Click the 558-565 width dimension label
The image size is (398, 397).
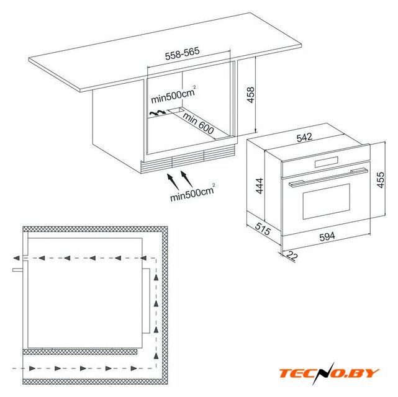pyautogui.click(x=183, y=54)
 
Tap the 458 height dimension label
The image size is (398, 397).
pyautogui.click(x=250, y=95)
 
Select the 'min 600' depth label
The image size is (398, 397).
pyautogui.click(x=198, y=123)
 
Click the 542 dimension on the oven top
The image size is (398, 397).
pyautogui.click(x=304, y=137)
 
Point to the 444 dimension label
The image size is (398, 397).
pyautogui.click(x=260, y=186)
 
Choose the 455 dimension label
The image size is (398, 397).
pyautogui.click(x=381, y=180)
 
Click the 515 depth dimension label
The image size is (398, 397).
pyautogui.click(x=263, y=229)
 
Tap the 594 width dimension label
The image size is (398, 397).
pyautogui.click(x=327, y=236)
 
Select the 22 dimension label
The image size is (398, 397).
pyautogui.click(x=292, y=256)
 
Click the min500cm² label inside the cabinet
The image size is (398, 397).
pyautogui.click(x=173, y=95)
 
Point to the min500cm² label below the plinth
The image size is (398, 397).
pyautogui.click(x=192, y=192)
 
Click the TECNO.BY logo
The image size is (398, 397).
pyautogui.click(x=329, y=373)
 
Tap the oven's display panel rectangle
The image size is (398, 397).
pyautogui.click(x=327, y=162)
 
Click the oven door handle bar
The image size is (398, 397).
pyautogui.click(x=328, y=177)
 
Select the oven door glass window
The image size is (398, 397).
pyautogui.click(x=327, y=202)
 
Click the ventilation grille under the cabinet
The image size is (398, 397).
pyautogui.click(x=188, y=159)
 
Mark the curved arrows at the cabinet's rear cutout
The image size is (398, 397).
pyautogui.click(x=157, y=113)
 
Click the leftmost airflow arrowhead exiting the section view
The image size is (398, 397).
pyautogui.click(x=16, y=258)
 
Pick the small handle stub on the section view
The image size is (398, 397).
pyautogui.click(x=18, y=270)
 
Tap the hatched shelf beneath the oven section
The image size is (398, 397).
pyautogui.click(x=80, y=351)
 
